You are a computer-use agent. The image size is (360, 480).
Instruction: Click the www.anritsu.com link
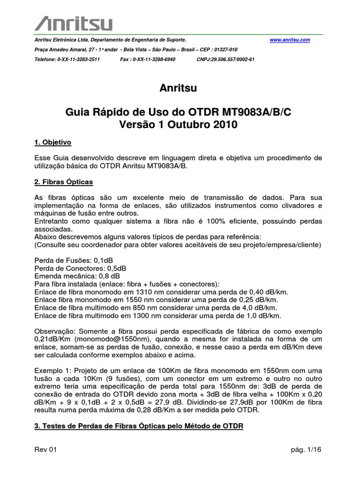[x=290, y=40]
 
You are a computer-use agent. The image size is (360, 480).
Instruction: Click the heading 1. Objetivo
[x=53, y=142]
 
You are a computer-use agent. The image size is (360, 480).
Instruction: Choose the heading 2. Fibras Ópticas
[x=64, y=181]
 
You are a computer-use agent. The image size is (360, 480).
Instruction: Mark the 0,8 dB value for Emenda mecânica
[x=108, y=276]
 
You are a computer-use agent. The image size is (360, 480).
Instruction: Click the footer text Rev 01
[x=45, y=450]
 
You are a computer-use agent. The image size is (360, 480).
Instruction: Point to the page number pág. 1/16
[x=306, y=450]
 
